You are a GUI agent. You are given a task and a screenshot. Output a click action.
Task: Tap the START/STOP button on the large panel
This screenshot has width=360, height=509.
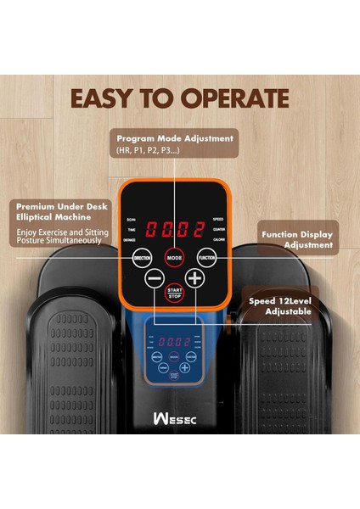(x=174, y=292)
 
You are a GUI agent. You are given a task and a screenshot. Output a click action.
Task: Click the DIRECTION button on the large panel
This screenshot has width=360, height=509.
(x=142, y=257)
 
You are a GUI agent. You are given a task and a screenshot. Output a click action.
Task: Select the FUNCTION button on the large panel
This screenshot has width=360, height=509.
(x=206, y=257)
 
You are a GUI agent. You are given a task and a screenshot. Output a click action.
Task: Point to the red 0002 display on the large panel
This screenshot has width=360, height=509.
(x=174, y=229)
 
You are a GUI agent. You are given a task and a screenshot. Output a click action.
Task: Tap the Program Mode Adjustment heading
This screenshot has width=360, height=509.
(x=174, y=137)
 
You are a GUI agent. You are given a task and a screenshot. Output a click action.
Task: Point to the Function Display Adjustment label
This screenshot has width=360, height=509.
(x=297, y=239)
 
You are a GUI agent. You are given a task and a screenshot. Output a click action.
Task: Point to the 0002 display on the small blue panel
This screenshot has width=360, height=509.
(x=175, y=341)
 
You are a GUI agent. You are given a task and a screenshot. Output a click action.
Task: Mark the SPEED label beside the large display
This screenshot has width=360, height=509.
(x=218, y=219)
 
